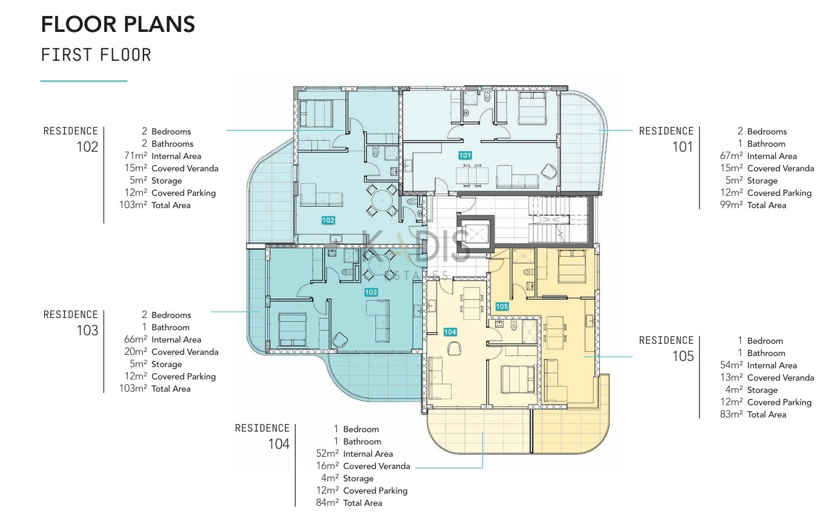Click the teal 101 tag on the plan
(x=465, y=155)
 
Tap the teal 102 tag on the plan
(x=328, y=220)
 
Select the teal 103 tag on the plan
(x=370, y=292)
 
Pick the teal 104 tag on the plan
(x=450, y=332)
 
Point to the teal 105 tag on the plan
(x=502, y=306)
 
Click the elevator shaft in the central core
(x=475, y=234)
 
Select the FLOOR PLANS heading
(x=118, y=24)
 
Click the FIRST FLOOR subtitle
(x=96, y=55)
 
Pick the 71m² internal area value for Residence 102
(x=136, y=155)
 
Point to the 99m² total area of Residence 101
(x=731, y=204)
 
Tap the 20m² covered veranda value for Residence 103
(x=136, y=351)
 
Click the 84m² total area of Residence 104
(x=328, y=502)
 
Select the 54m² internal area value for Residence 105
(x=731, y=365)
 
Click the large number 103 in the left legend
(x=87, y=330)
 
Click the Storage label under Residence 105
(x=762, y=390)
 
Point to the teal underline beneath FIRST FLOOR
(x=83, y=81)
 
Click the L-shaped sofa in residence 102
(x=321, y=195)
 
